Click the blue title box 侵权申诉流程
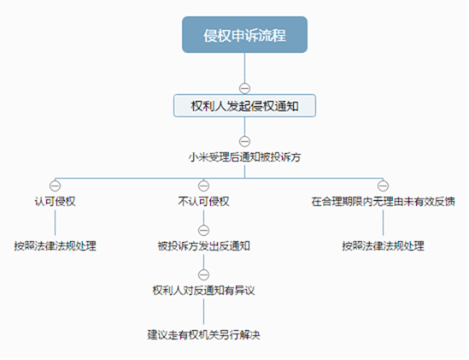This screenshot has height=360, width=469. tap(244, 35)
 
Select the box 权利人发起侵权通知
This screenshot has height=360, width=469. tap(244, 106)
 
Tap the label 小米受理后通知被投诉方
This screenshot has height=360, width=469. tap(244, 157)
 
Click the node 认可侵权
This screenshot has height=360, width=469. tap(55, 201)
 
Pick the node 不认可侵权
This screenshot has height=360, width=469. tap(203, 201)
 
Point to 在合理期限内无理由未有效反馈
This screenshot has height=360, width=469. tap(384, 201)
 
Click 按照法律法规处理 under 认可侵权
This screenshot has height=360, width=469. tap(55, 246)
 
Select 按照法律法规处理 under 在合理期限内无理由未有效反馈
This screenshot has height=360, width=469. tap(384, 246)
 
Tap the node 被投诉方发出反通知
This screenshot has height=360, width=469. tap(203, 246)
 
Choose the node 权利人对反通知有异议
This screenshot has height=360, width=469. tap(203, 290)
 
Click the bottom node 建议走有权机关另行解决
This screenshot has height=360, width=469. tap(203, 335)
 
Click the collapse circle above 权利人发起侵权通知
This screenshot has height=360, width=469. tap(244, 88)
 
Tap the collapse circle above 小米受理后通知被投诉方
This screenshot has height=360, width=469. tap(244, 141)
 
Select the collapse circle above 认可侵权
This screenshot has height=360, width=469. tap(55, 186)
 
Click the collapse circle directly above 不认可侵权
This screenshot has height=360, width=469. tap(203, 186)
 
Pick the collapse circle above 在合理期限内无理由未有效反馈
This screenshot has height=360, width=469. tap(384, 186)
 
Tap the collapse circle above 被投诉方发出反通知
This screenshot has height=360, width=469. tap(203, 230)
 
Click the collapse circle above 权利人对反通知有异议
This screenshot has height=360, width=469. tap(203, 274)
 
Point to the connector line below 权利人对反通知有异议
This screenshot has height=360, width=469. tap(203, 312)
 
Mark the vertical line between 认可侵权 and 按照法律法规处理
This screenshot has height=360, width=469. tap(55, 223)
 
